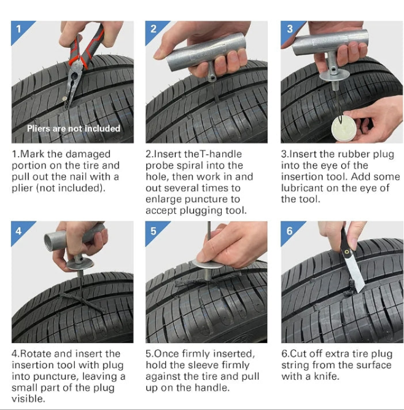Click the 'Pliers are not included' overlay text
pyautogui.click(x=74, y=128)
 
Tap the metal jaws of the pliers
pyautogui.click(x=72, y=84)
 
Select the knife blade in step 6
pyautogui.click(x=355, y=275)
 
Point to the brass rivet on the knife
pyautogui.click(x=346, y=251)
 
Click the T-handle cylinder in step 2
pyautogui.click(x=206, y=53)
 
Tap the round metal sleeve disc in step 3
pyautogui.click(x=334, y=75)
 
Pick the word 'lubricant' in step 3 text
pyautogui.click(x=301, y=188)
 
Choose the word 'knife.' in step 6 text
pyautogui.click(x=327, y=376)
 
